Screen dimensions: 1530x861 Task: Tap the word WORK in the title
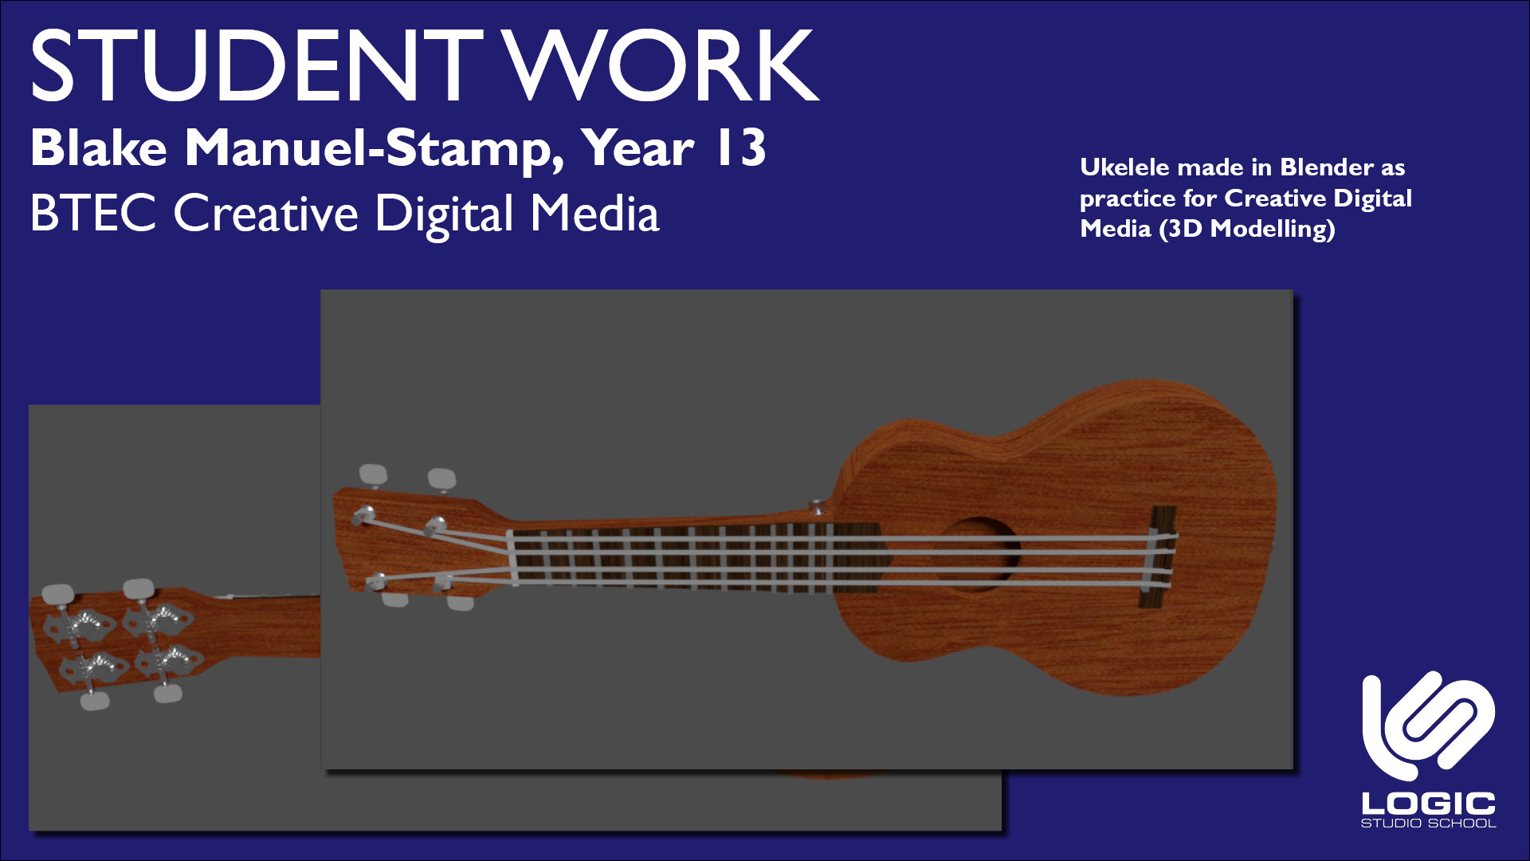[664, 65]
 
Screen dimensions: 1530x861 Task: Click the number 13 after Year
[741, 147]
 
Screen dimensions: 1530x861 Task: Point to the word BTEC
[93, 214]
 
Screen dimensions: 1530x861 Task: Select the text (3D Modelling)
[1247, 230]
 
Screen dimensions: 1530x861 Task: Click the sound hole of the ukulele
[979, 554]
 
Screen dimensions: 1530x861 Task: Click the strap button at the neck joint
[816, 505]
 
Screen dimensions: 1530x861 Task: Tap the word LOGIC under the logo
[1428, 804]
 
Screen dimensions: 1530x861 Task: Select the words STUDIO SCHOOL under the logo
[1428, 824]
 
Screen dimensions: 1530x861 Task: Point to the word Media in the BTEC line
[595, 214]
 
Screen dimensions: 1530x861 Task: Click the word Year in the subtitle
[637, 148]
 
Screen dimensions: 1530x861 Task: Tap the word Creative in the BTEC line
[266, 214]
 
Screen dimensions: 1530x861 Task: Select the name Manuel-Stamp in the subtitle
[375, 149]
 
